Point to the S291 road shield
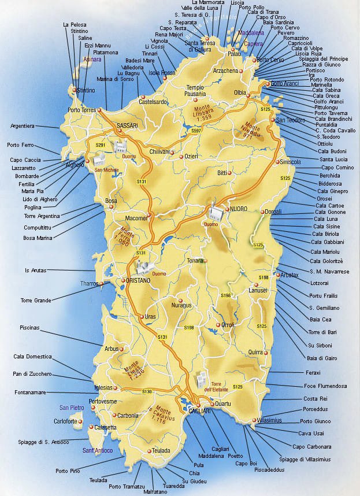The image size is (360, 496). point(101,145)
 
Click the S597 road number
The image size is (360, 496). point(196,131)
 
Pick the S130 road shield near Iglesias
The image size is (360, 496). point(147,392)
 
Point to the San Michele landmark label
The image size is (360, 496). point(107,170)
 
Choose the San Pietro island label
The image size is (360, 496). point(72,408)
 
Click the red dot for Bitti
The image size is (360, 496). point(229,173)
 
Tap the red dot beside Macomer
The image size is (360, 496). point(149,215)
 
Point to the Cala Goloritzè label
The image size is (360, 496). point(329,261)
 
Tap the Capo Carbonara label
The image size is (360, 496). point(311,446)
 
